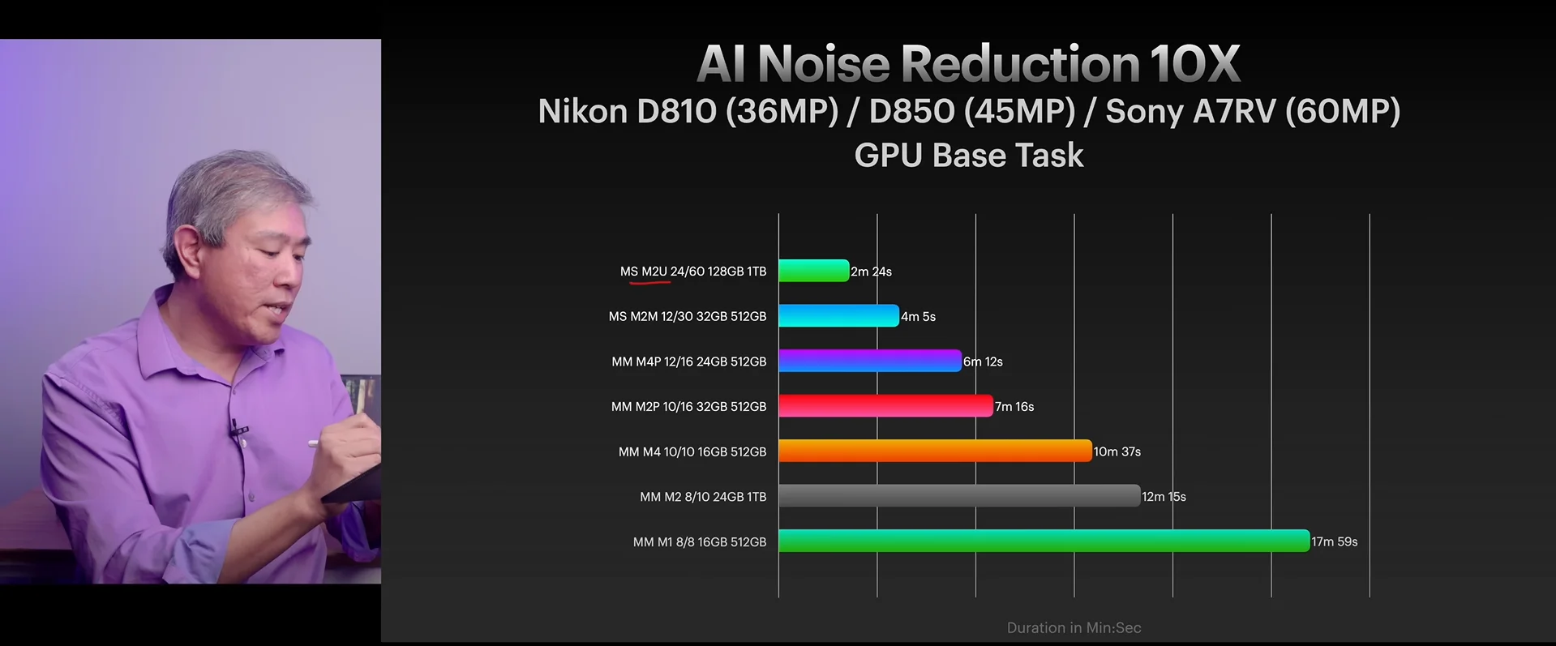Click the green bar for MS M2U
click(813, 271)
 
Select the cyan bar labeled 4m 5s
click(838, 316)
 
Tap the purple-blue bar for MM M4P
click(869, 361)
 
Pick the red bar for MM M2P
click(885, 406)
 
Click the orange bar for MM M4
click(935, 451)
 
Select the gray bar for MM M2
click(959, 496)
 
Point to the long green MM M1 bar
click(1044, 541)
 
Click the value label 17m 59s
click(1334, 541)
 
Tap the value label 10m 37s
click(1117, 451)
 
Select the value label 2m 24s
click(872, 272)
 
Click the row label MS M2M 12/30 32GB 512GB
click(687, 316)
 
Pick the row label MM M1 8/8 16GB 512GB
click(699, 541)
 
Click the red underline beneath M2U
click(649, 283)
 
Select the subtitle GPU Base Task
click(968, 155)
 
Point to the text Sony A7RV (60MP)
click(1253, 111)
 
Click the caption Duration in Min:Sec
click(1074, 627)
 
